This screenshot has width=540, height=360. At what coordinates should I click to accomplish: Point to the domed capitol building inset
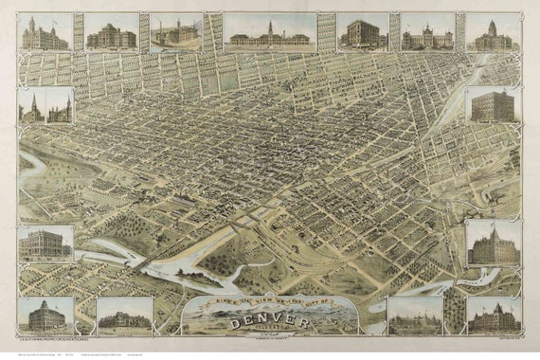pyautogui.click(x=493, y=34)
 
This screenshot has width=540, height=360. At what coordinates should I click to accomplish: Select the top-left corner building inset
pyautogui.click(x=45, y=35)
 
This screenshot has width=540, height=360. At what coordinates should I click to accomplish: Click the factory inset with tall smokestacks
pyautogui.click(x=174, y=33)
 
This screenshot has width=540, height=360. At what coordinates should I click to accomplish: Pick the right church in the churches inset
pyautogui.click(x=60, y=109)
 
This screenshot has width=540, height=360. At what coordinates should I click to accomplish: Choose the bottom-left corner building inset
pyautogui.click(x=45, y=315)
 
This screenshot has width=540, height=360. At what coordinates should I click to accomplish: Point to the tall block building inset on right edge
pyautogui.click(x=493, y=108)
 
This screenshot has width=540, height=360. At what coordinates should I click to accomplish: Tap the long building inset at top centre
pyautogui.click(x=270, y=36)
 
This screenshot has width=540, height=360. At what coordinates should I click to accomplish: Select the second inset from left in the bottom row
pyautogui.click(x=124, y=316)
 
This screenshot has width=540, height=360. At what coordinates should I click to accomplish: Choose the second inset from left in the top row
pyautogui.click(x=111, y=35)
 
